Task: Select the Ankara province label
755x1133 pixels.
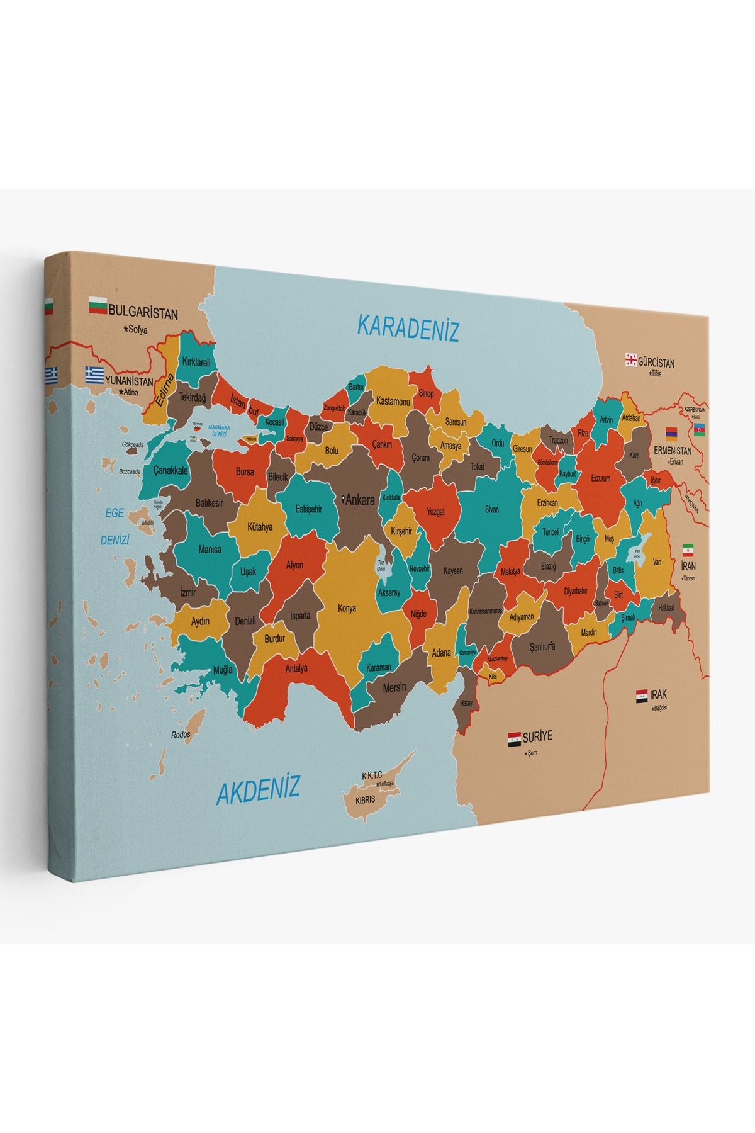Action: pyautogui.click(x=359, y=501)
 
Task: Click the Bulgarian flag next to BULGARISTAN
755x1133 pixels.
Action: pyautogui.click(x=98, y=307)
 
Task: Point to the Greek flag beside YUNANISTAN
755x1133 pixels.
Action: pyautogui.click(x=94, y=375)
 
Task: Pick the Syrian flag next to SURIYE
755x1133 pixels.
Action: pyautogui.click(x=514, y=739)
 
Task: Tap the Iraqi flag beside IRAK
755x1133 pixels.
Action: pyautogui.click(x=642, y=696)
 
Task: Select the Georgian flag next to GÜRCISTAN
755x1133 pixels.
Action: pyautogui.click(x=630, y=360)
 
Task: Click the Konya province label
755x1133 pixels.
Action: pyautogui.click(x=347, y=608)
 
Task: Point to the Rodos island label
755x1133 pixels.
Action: pyautogui.click(x=181, y=735)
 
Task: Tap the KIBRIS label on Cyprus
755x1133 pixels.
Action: pyautogui.click(x=366, y=799)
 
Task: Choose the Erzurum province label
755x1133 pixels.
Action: pyautogui.click(x=600, y=478)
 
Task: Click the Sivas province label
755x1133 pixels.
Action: pyautogui.click(x=491, y=509)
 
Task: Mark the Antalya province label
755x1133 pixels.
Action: pyautogui.click(x=296, y=668)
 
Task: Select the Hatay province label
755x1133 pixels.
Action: pyautogui.click(x=466, y=703)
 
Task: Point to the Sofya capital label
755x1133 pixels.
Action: pyautogui.click(x=137, y=329)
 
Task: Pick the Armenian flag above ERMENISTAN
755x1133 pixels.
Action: pyautogui.click(x=672, y=433)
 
